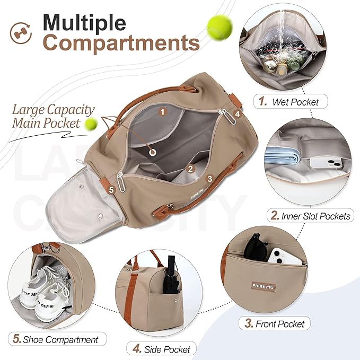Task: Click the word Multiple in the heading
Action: pyautogui.click(x=84, y=23)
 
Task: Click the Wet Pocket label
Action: pyautogui.click(x=289, y=101)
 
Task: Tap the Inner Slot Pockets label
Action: pyautogui.click(x=310, y=215)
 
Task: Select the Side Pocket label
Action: pyautogui.click(x=162, y=348)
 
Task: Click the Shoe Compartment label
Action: pyautogui.click(x=57, y=339)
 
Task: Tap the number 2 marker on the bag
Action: pyautogui.click(x=190, y=169)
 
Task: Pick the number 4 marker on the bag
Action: pyautogui.click(x=238, y=113)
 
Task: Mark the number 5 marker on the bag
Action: pyautogui.click(x=111, y=189)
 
